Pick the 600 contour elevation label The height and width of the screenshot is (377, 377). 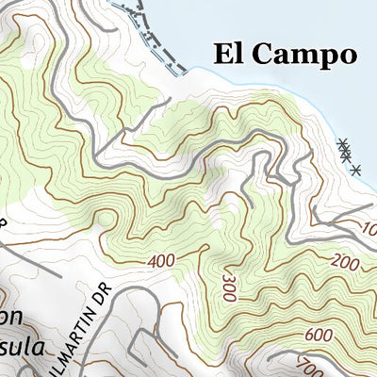318,334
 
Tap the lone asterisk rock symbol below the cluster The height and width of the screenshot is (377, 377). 355,170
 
